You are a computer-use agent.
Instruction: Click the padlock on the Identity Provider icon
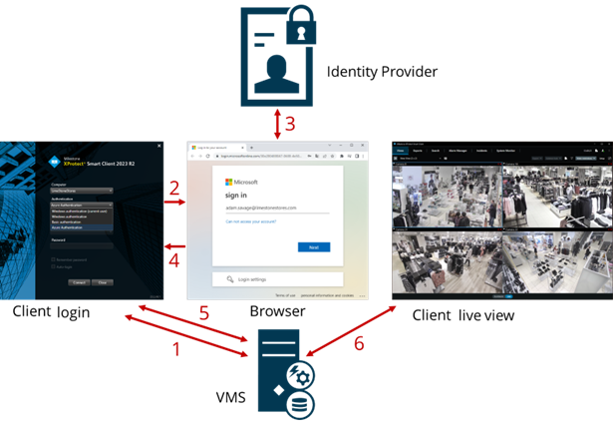[x=301, y=30]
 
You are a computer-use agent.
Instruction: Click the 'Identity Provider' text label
[x=382, y=72]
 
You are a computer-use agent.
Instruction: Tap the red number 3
[x=290, y=125]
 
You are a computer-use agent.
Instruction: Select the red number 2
[x=174, y=188]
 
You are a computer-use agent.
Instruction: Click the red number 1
[x=177, y=349]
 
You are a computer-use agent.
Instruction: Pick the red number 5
[x=204, y=312]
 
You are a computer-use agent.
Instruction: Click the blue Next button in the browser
[x=314, y=246]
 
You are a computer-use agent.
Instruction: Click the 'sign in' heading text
[x=235, y=197]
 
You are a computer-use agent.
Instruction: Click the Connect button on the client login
[x=79, y=282]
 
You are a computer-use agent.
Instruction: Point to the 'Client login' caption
[x=52, y=312]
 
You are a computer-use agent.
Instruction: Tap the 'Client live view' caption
[x=464, y=314]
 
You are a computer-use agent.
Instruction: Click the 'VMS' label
[x=230, y=397]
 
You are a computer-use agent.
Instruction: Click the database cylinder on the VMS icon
[x=300, y=402]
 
